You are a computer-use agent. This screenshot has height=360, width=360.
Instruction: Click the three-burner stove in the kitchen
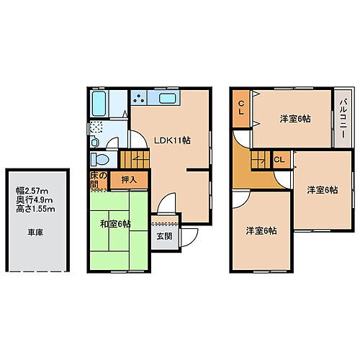pyautogui.click(x=139, y=98)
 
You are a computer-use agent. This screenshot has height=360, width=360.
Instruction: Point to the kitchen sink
pyautogui.click(x=167, y=99)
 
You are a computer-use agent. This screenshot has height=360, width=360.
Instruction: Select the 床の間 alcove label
pyautogui.click(x=99, y=180)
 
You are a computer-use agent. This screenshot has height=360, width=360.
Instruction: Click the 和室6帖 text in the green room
pyautogui.click(x=116, y=224)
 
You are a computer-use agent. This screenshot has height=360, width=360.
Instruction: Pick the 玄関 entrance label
pyautogui.click(x=163, y=235)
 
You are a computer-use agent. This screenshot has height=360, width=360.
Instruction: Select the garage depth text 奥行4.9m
pyautogui.click(x=33, y=199)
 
